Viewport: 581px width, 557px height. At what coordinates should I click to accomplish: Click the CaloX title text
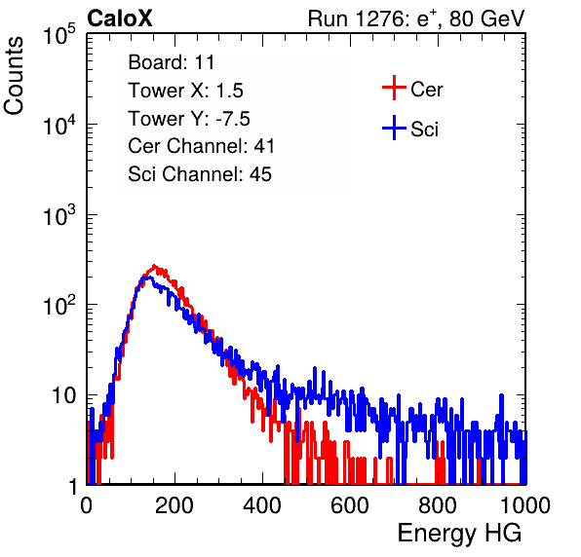120,19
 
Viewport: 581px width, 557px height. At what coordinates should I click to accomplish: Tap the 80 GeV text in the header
486,19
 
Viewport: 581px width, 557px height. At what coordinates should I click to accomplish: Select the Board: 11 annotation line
172,62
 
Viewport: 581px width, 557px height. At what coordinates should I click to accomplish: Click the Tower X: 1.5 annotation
185,91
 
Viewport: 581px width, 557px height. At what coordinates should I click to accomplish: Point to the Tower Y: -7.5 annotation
189,119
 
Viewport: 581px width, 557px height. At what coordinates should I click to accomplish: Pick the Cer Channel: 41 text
201,146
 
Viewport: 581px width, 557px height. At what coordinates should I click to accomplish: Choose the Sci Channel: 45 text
200,174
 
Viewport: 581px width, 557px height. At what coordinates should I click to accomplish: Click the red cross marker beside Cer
394,88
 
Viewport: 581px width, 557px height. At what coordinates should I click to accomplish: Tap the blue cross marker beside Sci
394,128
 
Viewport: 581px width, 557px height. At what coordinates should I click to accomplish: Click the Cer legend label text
426,90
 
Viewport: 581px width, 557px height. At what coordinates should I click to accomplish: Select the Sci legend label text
425,130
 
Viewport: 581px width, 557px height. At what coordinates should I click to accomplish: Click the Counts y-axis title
14,76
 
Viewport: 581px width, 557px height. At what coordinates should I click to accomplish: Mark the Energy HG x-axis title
459,534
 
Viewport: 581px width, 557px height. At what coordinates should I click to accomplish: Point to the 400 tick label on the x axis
262,505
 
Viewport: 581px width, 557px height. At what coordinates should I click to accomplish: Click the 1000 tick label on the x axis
525,505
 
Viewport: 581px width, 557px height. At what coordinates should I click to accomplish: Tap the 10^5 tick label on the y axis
59,35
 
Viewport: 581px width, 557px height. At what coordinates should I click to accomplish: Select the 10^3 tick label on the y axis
59,215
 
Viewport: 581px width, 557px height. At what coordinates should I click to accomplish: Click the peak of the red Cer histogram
154,266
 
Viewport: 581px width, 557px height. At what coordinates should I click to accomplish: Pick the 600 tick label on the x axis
350,505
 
